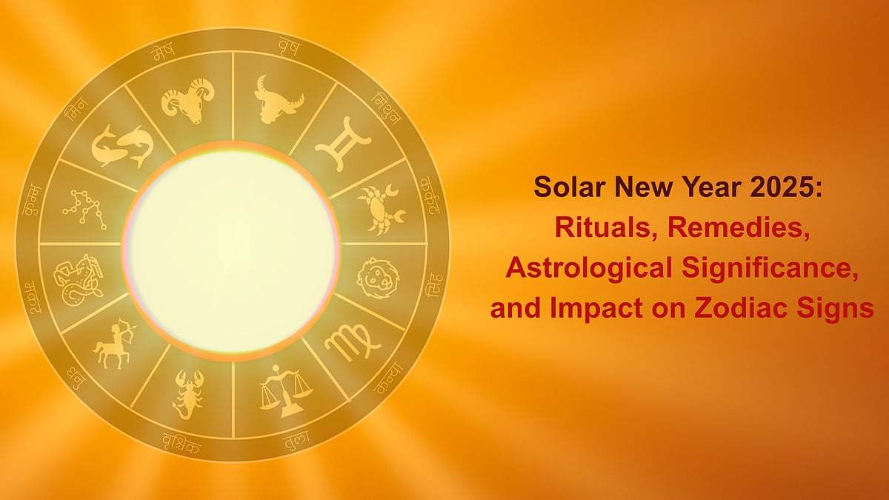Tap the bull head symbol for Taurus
278,98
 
